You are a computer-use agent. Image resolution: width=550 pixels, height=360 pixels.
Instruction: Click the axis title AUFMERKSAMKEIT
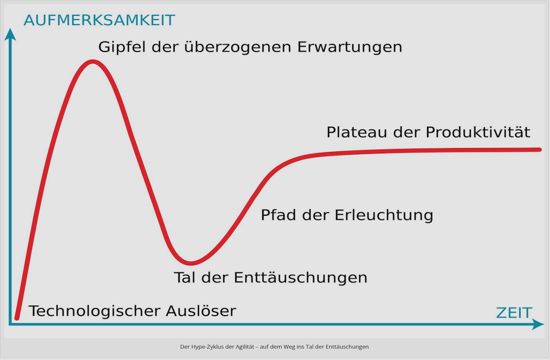coord(99,20)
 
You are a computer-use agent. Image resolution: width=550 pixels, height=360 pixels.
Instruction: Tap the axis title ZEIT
coord(514,313)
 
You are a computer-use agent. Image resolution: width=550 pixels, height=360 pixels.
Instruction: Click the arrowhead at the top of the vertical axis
coord(10,34)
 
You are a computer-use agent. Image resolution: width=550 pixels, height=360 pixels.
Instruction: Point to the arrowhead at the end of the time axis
coord(538,324)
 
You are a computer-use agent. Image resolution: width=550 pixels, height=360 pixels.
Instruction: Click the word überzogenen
coord(238,47)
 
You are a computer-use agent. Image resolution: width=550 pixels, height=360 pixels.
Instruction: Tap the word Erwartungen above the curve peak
coord(350,47)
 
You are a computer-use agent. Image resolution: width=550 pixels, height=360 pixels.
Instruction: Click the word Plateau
coord(356,132)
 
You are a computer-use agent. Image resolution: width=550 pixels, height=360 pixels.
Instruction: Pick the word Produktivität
coord(478,132)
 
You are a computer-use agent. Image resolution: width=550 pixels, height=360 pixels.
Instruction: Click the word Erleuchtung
coord(384,215)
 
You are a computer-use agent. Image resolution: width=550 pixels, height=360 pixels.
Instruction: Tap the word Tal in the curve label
coord(185,278)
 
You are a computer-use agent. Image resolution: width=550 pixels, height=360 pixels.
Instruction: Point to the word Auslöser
coord(201,311)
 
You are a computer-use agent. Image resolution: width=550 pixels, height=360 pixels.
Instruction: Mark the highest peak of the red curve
coord(92,62)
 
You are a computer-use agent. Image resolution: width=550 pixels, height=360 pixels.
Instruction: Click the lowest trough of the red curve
coord(191,262)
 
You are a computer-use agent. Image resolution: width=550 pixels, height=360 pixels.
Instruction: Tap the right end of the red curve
coord(540,150)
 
